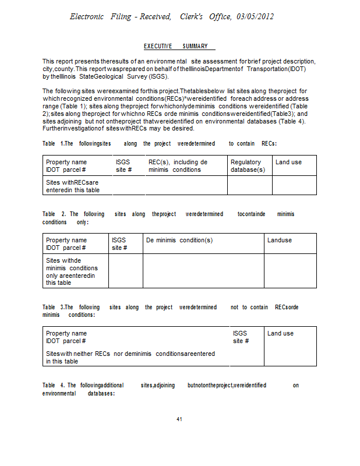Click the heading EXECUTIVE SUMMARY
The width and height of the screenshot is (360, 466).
[179, 46]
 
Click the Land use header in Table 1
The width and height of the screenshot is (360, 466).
[288, 162]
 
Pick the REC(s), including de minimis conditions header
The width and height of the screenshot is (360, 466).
[178, 166]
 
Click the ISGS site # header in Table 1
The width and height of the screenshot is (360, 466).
[124, 166]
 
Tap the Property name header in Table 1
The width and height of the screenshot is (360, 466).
[66, 166]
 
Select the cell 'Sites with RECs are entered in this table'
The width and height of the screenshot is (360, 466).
[72, 186]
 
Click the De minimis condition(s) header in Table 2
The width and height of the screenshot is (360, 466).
[179, 240]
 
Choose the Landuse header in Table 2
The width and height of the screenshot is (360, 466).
[280, 240]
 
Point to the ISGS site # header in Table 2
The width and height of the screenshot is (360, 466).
[119, 243]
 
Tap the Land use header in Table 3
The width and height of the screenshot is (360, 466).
[280, 333]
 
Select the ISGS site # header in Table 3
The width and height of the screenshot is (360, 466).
[241, 337]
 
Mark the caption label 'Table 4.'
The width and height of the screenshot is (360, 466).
[54, 386]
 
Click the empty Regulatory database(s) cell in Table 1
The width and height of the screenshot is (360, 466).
[249, 186]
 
